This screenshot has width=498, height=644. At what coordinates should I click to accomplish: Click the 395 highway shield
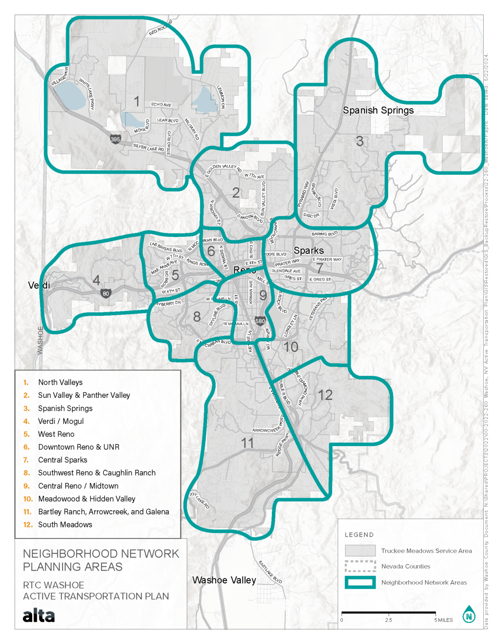(115, 139)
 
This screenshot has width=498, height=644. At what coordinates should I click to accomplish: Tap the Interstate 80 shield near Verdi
(106, 293)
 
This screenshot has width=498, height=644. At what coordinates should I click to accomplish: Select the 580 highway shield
(260, 321)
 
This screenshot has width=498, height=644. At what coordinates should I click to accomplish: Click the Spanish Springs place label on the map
(378, 110)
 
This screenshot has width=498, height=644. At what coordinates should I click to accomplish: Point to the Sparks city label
(309, 251)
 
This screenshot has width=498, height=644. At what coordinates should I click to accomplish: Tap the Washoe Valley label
(224, 580)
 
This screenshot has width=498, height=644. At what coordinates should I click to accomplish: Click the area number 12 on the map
(325, 395)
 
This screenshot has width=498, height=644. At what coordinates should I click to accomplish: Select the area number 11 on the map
(247, 443)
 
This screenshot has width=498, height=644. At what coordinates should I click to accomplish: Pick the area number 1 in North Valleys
(137, 101)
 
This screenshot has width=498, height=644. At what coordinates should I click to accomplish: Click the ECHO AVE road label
(161, 104)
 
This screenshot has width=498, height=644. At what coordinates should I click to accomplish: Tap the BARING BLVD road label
(324, 234)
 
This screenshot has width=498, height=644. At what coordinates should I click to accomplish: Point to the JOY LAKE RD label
(199, 501)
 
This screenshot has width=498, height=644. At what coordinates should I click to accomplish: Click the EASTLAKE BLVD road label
(270, 572)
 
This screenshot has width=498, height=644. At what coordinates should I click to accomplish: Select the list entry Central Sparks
(63, 460)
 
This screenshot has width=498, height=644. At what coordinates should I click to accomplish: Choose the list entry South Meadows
(65, 525)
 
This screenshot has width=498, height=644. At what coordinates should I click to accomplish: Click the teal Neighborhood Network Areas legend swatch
(360, 582)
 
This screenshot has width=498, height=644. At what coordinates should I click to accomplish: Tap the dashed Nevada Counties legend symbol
(360, 566)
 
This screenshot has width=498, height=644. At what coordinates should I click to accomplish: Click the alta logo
(39, 615)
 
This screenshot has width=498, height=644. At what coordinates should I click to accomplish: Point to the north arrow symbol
(469, 615)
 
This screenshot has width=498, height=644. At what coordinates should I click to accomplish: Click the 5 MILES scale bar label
(443, 620)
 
